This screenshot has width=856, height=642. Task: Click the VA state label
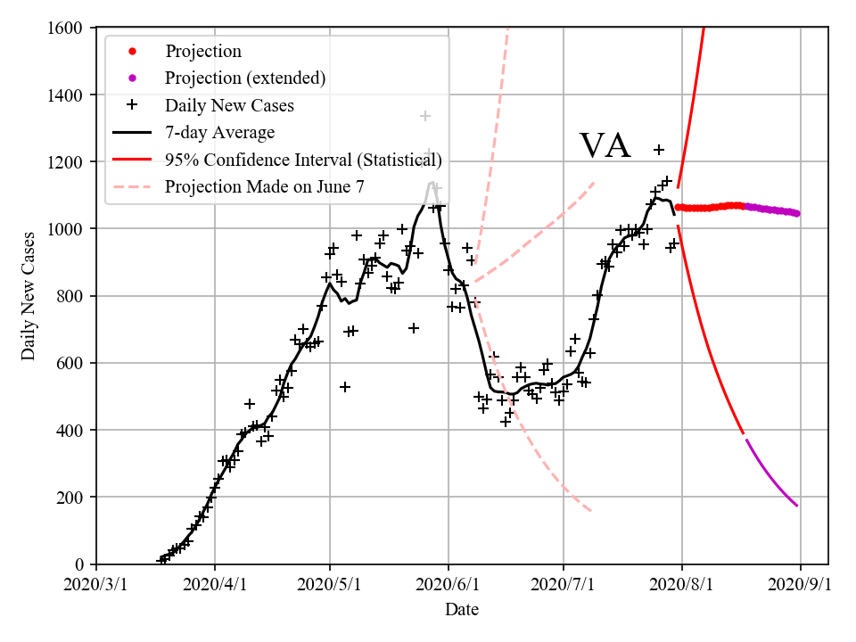click(605, 145)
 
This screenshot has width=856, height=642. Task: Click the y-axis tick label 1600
click(67, 28)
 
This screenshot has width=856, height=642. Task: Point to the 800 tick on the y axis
click(72, 296)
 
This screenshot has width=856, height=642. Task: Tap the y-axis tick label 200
click(72, 497)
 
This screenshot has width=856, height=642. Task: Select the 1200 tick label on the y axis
click(67, 162)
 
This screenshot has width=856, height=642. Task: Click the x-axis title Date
click(462, 610)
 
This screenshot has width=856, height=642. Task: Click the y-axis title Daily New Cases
click(29, 296)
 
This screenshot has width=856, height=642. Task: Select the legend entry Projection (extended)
click(245, 78)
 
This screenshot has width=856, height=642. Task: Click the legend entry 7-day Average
click(219, 133)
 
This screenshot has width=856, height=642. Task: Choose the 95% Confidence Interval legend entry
click(303, 160)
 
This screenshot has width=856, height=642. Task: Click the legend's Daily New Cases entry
click(229, 106)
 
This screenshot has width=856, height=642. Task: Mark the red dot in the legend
click(132, 52)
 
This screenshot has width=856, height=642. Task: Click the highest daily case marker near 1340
click(425, 116)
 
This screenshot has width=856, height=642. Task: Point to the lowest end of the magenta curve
click(796, 506)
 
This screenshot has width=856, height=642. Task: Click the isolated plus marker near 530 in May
click(345, 387)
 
